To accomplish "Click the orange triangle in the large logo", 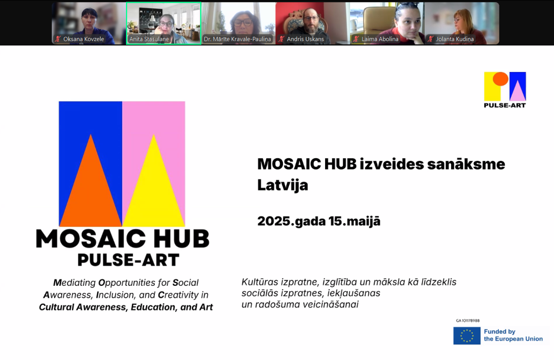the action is click(x=91, y=191).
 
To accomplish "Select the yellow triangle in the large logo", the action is click(x=154, y=191).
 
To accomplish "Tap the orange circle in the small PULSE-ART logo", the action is click(x=500, y=79).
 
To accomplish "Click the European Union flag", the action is click(x=467, y=336).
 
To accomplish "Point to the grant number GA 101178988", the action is click(x=468, y=320).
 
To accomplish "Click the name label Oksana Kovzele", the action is click(x=84, y=39).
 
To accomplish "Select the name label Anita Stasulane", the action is click(x=149, y=39).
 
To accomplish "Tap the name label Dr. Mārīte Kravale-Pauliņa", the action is click(x=238, y=39).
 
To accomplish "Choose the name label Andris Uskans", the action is click(x=305, y=39).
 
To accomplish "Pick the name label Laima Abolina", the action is click(x=380, y=39).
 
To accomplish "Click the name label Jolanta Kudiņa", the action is click(x=454, y=39).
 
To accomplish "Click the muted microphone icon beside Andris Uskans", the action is click(x=281, y=39).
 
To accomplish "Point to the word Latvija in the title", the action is click(x=282, y=185).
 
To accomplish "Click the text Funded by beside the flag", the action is click(x=499, y=332).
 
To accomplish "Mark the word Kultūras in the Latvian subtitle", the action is click(x=260, y=282).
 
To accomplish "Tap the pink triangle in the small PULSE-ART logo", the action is click(x=517, y=91).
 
